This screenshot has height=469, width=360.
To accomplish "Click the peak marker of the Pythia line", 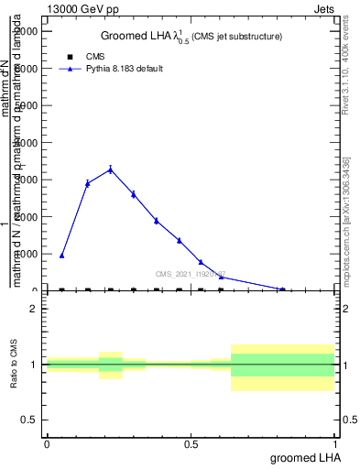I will [x=111, y=169].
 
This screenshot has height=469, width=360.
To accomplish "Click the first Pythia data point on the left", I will [x=61, y=256].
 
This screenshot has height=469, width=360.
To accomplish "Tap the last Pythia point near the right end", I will [x=282, y=289].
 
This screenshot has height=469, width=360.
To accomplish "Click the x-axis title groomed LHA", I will [x=304, y=456].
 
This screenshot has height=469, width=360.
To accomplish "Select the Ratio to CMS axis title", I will [x=14, y=365].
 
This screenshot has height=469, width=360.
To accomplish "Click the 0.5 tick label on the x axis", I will [x=191, y=444].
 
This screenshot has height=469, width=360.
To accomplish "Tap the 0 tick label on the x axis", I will [x=47, y=444].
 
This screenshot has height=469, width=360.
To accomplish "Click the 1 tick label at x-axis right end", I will [x=336, y=444].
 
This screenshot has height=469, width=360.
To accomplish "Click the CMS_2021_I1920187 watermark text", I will [x=191, y=274].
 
